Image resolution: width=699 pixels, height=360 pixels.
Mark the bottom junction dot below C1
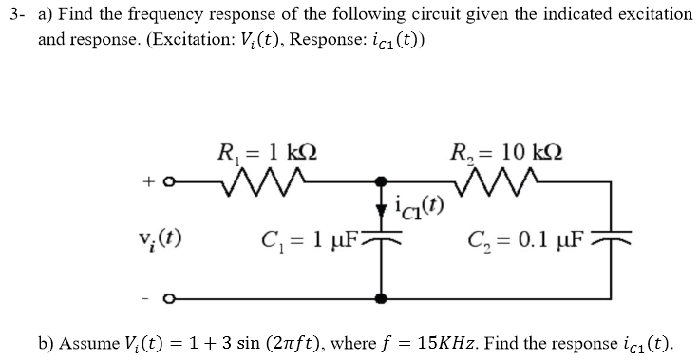point(382,298)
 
